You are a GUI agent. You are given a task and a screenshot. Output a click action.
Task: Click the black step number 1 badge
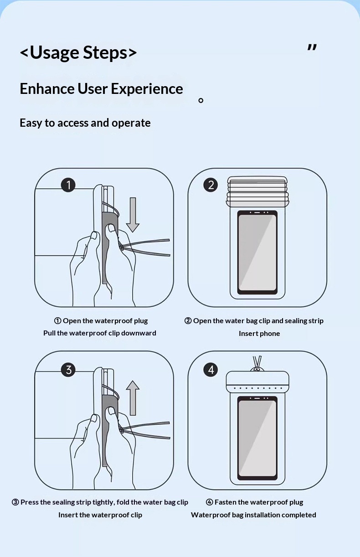click(68, 185)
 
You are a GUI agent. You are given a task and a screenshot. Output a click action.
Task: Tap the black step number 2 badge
click(211, 185)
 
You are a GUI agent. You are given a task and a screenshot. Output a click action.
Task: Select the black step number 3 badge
click(68, 370)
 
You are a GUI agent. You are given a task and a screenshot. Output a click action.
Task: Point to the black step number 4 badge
click(211, 370)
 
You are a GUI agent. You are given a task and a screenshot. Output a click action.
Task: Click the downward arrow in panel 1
click(133, 215)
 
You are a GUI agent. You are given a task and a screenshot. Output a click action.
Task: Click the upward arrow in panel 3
click(133, 398)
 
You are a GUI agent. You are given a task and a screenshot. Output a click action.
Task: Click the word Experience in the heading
click(147, 89)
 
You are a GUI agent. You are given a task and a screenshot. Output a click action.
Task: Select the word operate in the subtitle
click(131, 123)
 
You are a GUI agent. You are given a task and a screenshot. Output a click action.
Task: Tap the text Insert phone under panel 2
click(259, 334)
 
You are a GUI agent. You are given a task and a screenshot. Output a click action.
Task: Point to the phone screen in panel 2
click(257, 252)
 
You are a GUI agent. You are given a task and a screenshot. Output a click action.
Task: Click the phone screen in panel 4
click(257, 438)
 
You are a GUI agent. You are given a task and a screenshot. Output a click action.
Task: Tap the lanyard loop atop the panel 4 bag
click(257, 364)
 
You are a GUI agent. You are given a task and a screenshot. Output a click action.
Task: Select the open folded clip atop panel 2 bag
click(257, 191)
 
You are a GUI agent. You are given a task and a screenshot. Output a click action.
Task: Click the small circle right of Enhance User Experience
click(201, 100)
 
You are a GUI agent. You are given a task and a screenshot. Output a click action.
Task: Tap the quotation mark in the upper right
click(312, 47)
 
